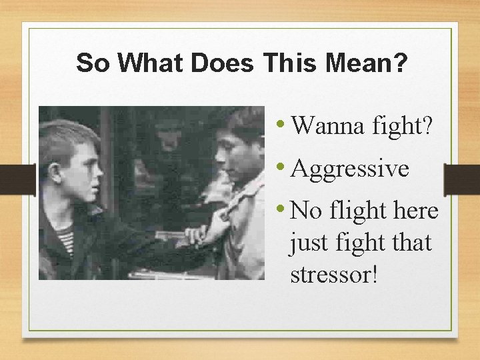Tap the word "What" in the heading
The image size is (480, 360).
(147, 63)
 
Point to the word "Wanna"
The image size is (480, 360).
(322, 125)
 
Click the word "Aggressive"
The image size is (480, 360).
(349, 169)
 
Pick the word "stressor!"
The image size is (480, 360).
(334, 274)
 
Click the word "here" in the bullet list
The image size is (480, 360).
(415, 211)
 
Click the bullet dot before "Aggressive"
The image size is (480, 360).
(283, 166)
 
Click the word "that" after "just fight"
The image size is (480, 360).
(411, 243)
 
